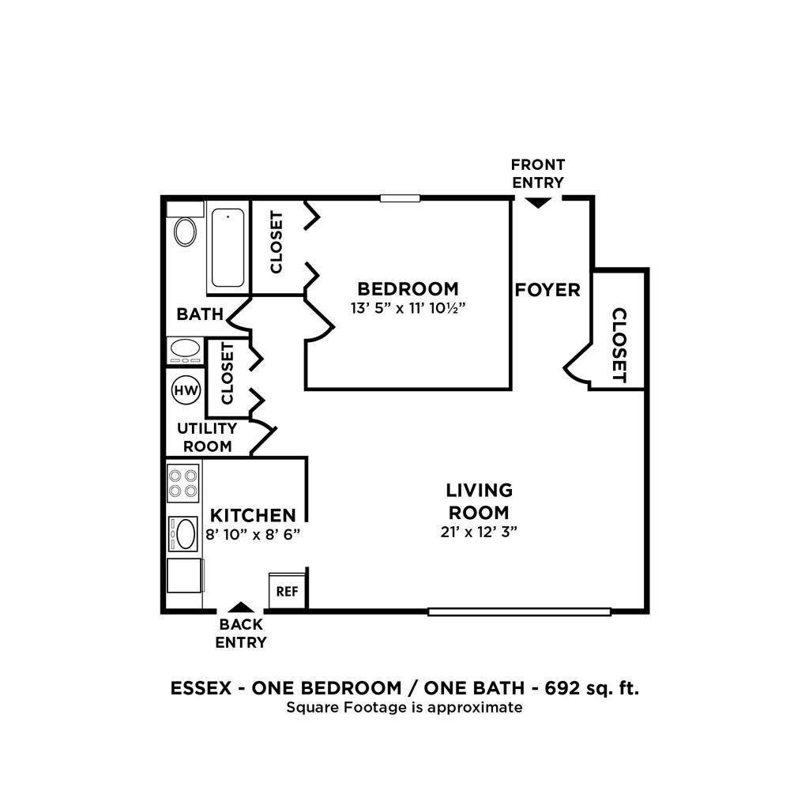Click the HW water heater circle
tap(186, 390)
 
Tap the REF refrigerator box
tap(288, 591)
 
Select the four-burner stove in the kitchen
tap(183, 483)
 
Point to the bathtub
tap(228, 247)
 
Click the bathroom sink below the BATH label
tap(185, 351)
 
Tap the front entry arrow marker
tap(537, 203)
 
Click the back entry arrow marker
tap(241, 607)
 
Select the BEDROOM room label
tap(408, 288)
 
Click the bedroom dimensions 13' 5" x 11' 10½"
tap(408, 308)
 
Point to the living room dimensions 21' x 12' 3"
tap(479, 532)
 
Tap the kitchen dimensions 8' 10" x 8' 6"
tap(253, 534)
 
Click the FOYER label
tap(547, 290)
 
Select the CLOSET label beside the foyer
tap(619, 345)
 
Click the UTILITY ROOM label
tap(208, 438)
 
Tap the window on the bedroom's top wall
tap(400, 198)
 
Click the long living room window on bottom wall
tap(520, 612)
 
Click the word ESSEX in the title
tap(201, 688)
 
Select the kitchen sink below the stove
tap(183, 533)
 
